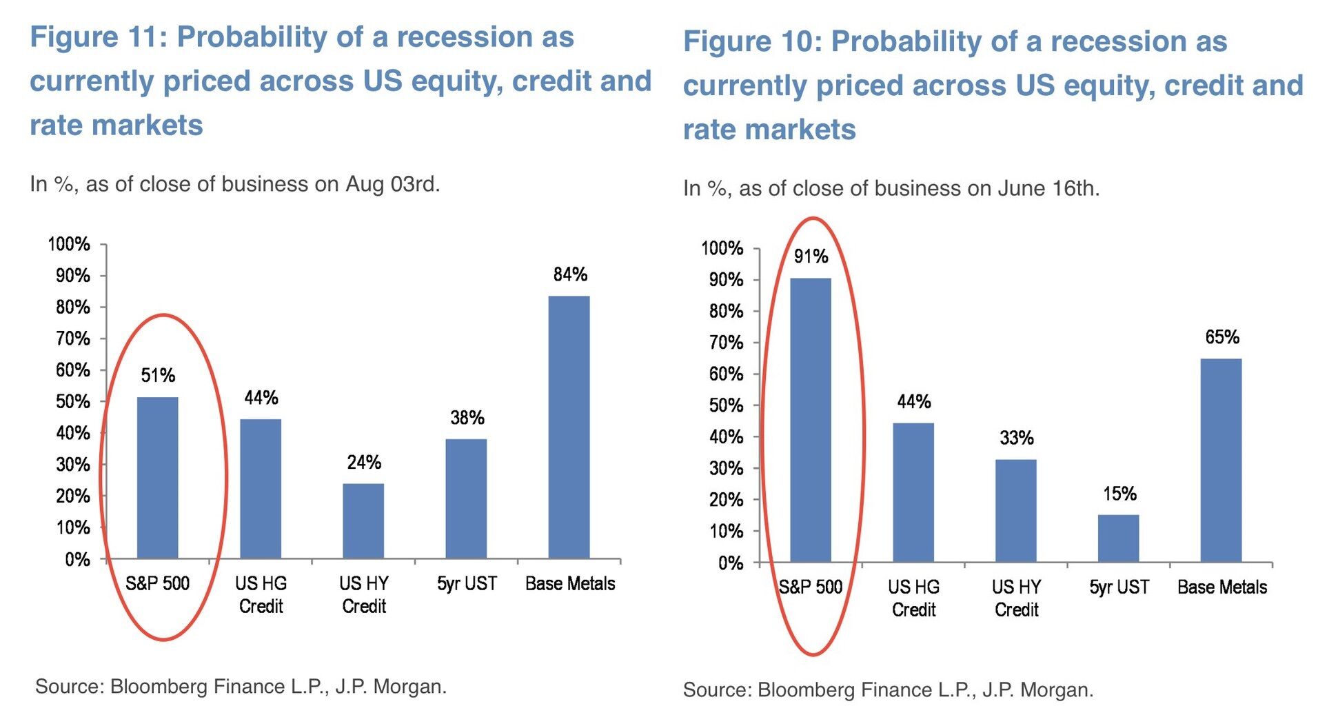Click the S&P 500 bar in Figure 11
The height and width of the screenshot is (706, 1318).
(x=158, y=477)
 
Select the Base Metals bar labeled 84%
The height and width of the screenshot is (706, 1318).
(x=569, y=427)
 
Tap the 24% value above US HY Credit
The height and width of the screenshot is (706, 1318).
(x=364, y=462)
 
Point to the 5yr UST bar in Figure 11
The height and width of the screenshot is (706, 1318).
(x=466, y=498)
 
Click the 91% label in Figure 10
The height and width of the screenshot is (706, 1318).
(x=811, y=256)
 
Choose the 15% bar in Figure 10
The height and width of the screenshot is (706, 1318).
(x=1118, y=538)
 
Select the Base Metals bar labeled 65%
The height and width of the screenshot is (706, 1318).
(x=1221, y=460)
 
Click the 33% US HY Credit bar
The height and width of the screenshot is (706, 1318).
(x=1015, y=510)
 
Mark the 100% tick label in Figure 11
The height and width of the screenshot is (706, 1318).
(x=69, y=244)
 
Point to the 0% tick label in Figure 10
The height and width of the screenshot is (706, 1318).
(x=731, y=563)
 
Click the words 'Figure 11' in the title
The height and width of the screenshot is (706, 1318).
(x=94, y=37)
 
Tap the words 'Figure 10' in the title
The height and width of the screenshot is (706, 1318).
(x=749, y=41)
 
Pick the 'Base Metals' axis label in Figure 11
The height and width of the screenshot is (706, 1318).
(x=570, y=584)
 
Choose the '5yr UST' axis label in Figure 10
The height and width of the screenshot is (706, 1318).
(x=1119, y=587)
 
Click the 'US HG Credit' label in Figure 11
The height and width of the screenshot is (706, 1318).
(x=261, y=594)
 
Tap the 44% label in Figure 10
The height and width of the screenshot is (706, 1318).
(x=914, y=402)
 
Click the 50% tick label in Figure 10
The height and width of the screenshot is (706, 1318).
(x=727, y=405)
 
